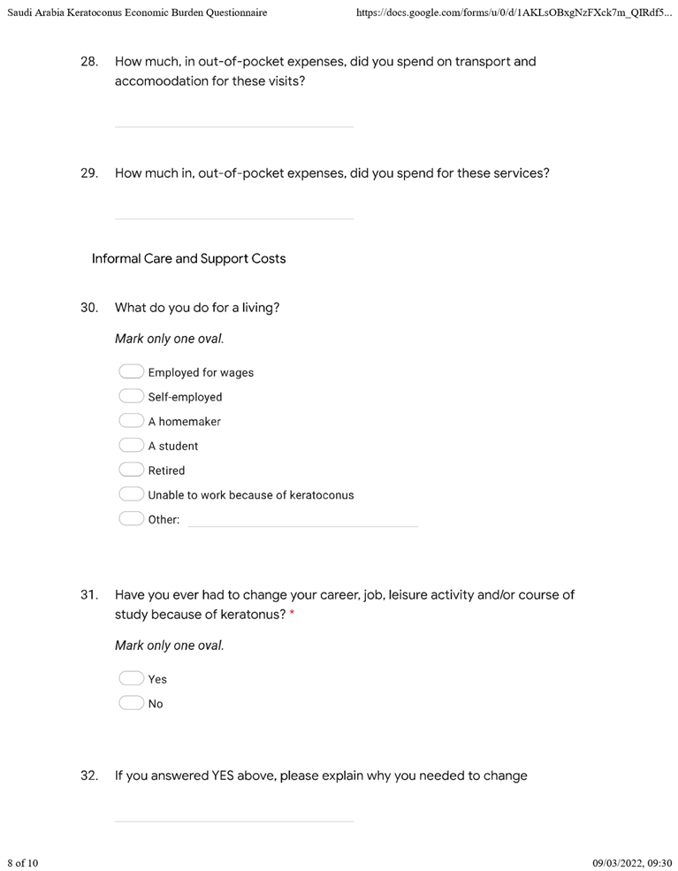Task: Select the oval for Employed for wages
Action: pyautogui.click(x=131, y=372)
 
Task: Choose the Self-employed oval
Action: pyautogui.click(x=131, y=397)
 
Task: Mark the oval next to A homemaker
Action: pyautogui.click(x=131, y=421)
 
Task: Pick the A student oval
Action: pyautogui.click(x=131, y=446)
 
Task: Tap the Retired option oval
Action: pyautogui.click(x=131, y=470)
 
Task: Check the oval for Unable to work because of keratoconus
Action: pyautogui.click(x=131, y=494)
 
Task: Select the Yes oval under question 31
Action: pyautogui.click(x=131, y=679)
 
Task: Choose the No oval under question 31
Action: pyautogui.click(x=131, y=704)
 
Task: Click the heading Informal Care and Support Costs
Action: pyautogui.click(x=188, y=259)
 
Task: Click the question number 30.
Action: pyautogui.click(x=88, y=308)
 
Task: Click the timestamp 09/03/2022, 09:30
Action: pyautogui.click(x=631, y=862)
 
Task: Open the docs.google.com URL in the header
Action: pyautogui.click(x=514, y=13)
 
